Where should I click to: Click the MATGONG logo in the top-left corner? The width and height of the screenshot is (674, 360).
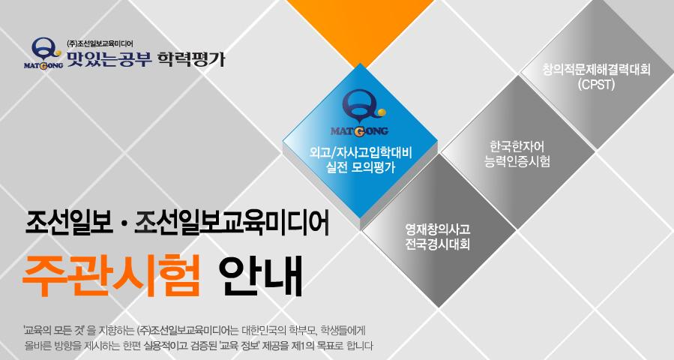pyautogui.click(x=43, y=53)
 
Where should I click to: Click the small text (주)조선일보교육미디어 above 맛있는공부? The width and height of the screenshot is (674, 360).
pyautogui.click(x=100, y=43)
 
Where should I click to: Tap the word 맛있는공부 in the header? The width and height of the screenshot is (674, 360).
pyautogui.click(x=109, y=59)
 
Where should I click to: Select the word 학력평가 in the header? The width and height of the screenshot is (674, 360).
pyautogui.click(x=191, y=59)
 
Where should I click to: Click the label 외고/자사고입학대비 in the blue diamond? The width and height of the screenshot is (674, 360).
pyautogui.click(x=361, y=153)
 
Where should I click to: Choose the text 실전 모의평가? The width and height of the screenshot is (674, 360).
pyautogui.click(x=361, y=167)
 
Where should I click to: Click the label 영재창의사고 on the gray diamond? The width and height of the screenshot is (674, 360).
pyautogui.click(x=438, y=229)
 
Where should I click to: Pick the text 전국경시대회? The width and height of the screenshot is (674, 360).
pyautogui.click(x=438, y=244)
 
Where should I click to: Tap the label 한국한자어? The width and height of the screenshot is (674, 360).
pyautogui.click(x=517, y=146)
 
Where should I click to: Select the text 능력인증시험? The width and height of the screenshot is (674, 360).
pyautogui.click(x=517, y=161)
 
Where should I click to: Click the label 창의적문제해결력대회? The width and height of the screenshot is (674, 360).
pyautogui.click(x=596, y=70)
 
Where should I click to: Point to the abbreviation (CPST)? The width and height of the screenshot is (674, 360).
pyautogui.click(x=596, y=84)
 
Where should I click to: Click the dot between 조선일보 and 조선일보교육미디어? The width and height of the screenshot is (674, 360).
pyautogui.click(x=124, y=226)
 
